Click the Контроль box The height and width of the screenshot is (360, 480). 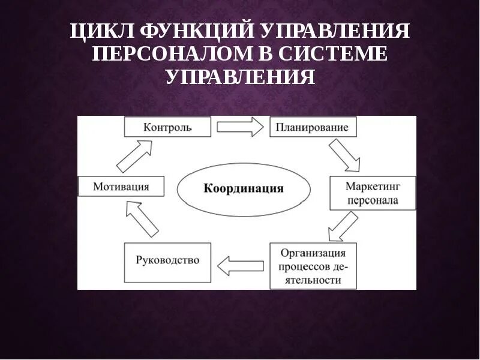[167, 127]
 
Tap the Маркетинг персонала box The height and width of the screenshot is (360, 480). [372, 193]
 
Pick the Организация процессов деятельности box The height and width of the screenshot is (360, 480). [313, 266]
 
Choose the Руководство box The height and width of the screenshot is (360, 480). [167, 262]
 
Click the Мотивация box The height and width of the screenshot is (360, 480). [121, 187]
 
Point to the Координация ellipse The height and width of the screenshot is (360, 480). [244, 188]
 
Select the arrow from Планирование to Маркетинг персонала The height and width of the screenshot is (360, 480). [344, 155]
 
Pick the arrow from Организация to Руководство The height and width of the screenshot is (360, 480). [240, 264]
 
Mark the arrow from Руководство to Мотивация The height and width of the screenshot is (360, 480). [142, 218]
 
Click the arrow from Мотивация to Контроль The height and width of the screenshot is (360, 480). [134, 156]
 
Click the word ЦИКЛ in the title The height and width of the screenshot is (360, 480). [101, 31]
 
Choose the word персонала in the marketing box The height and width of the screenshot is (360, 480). [372, 200]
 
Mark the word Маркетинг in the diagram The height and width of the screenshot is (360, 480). [373, 187]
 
